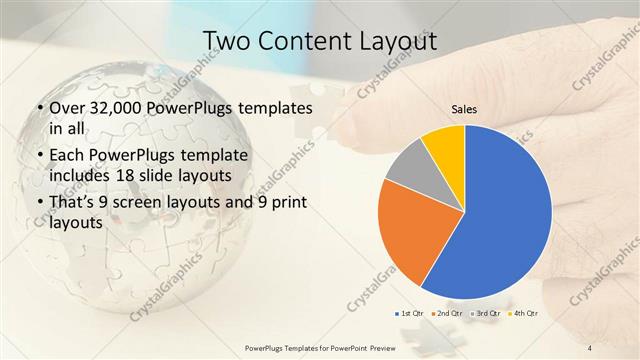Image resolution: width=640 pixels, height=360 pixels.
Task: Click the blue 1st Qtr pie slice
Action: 500,215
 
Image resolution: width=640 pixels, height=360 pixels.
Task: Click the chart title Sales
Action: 465,109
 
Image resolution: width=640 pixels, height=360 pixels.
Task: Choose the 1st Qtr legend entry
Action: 413,314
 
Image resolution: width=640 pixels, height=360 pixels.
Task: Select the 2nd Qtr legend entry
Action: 448,314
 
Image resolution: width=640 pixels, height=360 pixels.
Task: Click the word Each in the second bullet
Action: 66,156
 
